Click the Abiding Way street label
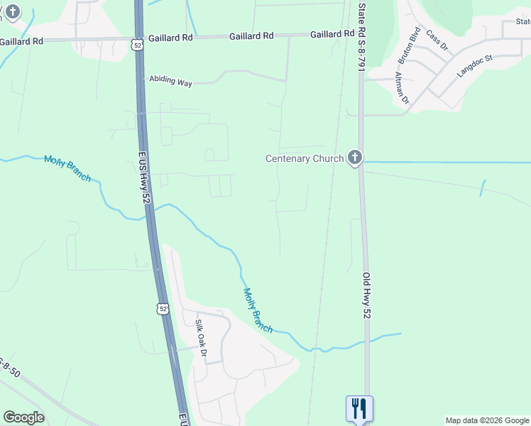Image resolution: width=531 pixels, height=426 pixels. coord(170,81)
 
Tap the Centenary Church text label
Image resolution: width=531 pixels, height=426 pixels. coord(305,158)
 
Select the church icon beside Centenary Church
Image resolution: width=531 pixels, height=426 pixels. coord(355,158)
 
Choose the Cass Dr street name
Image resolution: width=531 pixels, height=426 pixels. coord(437,40)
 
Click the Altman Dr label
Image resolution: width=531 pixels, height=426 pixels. coord(402,87)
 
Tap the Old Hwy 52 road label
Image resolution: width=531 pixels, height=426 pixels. coord(367,295)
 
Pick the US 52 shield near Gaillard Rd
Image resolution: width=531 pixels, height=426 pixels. coord(137,44)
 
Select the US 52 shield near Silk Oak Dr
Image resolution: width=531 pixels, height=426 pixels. coord(163,309)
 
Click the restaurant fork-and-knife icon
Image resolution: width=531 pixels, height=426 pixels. coord(358,408)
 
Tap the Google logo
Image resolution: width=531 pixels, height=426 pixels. coord(23,417)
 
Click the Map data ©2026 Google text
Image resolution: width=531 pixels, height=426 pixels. coord(487,420)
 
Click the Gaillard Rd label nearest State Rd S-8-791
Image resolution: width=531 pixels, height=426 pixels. coord(332,34)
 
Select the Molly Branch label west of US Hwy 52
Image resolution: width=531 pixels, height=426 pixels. coord(67,168)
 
